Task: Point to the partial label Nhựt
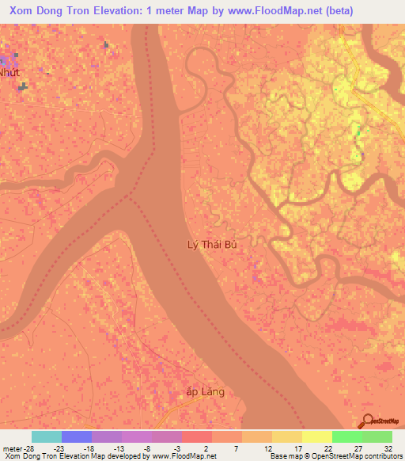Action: (x=9, y=71)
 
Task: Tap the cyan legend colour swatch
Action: (x=46, y=436)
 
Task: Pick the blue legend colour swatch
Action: (x=76, y=436)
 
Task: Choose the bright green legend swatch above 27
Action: (x=346, y=436)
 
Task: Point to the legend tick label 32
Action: (x=388, y=448)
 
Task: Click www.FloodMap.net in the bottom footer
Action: (x=184, y=456)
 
